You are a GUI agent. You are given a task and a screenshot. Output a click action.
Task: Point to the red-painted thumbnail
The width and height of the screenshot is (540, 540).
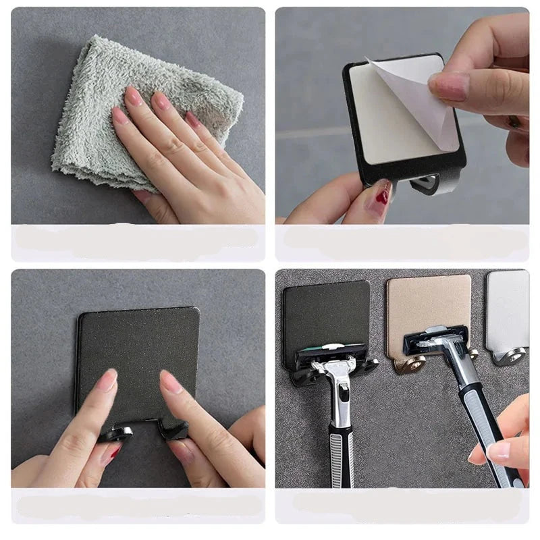(383, 194)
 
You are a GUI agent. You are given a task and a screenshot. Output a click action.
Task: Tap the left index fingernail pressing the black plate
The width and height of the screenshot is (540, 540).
(107, 380)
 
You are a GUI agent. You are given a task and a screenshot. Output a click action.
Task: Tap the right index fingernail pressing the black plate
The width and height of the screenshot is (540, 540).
(171, 382)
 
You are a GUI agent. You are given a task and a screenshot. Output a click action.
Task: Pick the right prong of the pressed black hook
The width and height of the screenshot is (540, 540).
(173, 428)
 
